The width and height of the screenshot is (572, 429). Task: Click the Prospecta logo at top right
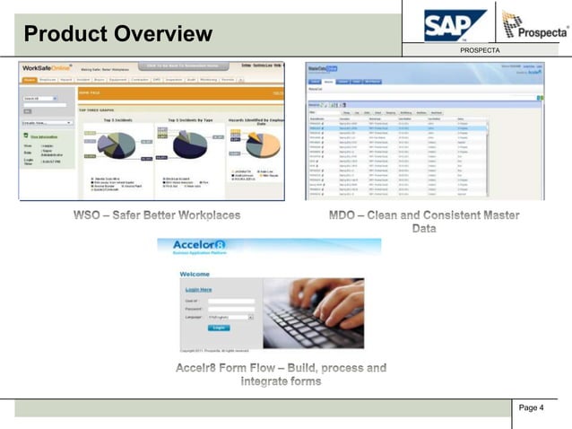534,26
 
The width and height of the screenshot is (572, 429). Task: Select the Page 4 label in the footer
532,408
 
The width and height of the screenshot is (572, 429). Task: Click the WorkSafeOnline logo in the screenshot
48,69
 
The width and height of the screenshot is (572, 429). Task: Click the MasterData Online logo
322,68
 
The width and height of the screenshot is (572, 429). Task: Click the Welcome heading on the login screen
195,274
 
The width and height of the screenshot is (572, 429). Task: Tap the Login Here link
198,290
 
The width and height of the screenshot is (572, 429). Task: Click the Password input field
230,309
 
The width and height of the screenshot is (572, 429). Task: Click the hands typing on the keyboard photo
313,310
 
